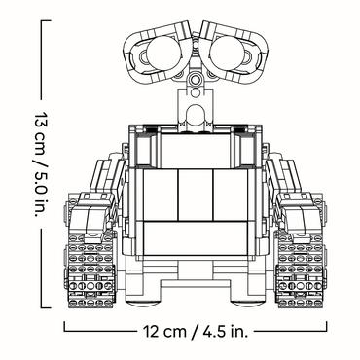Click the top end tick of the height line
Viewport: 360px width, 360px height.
tap(39, 18)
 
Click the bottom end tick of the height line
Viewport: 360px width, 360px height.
tap(39, 304)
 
